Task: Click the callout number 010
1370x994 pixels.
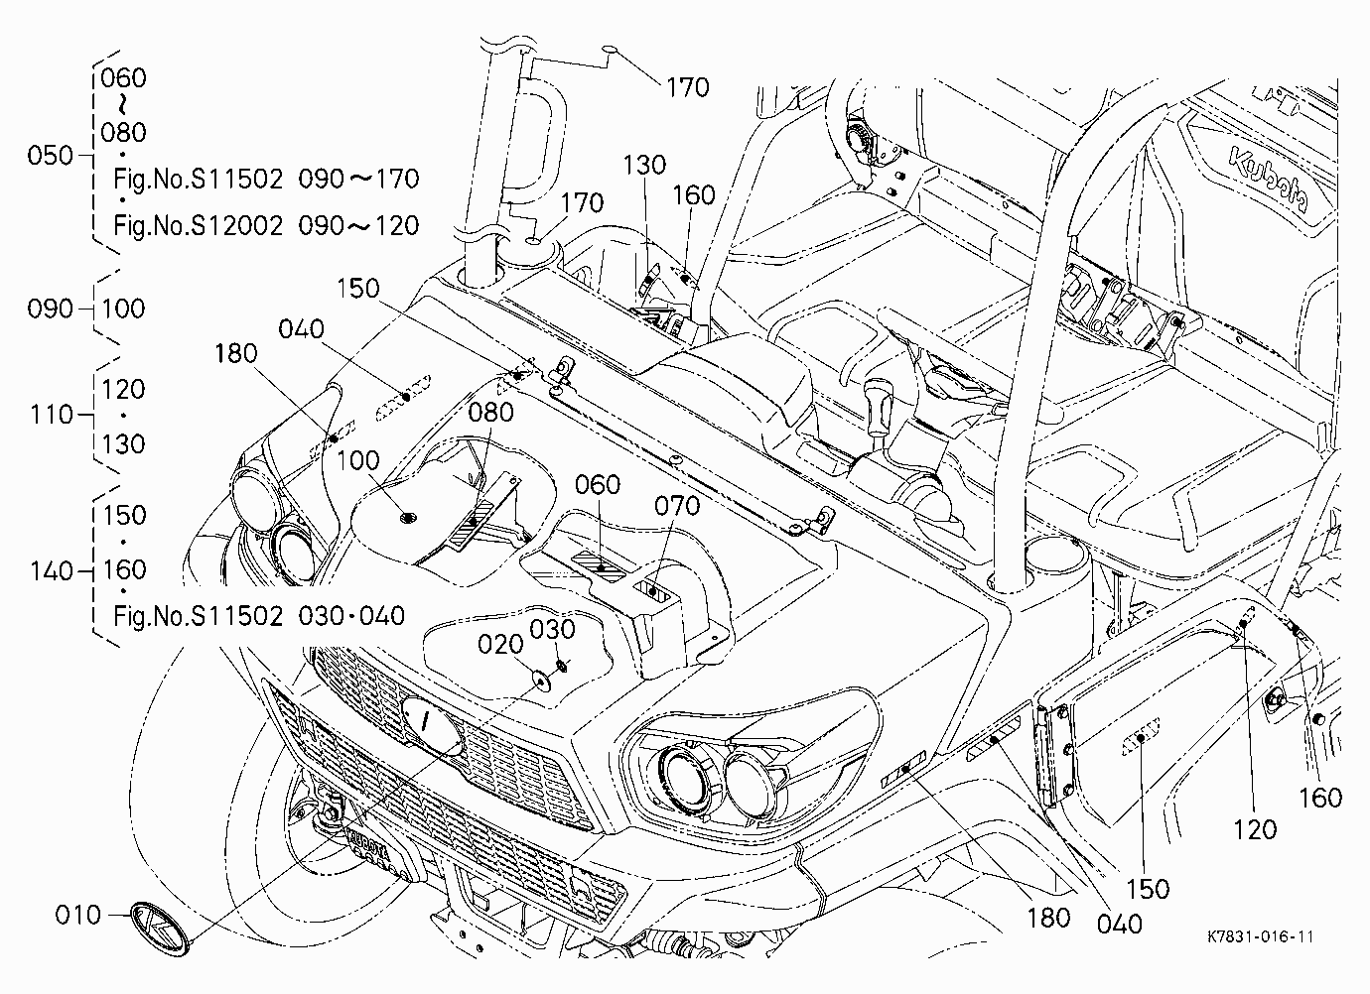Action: tap(77, 916)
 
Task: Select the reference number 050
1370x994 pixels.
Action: tap(51, 156)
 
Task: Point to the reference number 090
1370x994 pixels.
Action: tap(51, 309)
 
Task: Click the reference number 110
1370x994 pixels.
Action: tap(52, 415)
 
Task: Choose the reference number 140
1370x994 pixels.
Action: tap(52, 571)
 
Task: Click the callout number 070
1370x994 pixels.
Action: tap(677, 506)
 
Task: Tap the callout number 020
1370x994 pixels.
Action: tap(500, 644)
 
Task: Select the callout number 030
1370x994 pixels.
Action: tap(552, 629)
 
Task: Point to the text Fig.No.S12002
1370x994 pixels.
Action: tap(199, 225)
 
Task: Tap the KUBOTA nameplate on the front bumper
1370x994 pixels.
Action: tap(368, 843)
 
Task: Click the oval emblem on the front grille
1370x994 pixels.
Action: tap(432, 722)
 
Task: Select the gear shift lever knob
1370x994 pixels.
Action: tap(879, 404)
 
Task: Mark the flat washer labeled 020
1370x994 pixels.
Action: tap(541, 679)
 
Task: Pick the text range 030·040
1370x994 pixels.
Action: tap(351, 616)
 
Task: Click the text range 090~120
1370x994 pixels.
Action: tap(358, 225)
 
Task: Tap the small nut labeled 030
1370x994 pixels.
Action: tap(563, 665)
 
